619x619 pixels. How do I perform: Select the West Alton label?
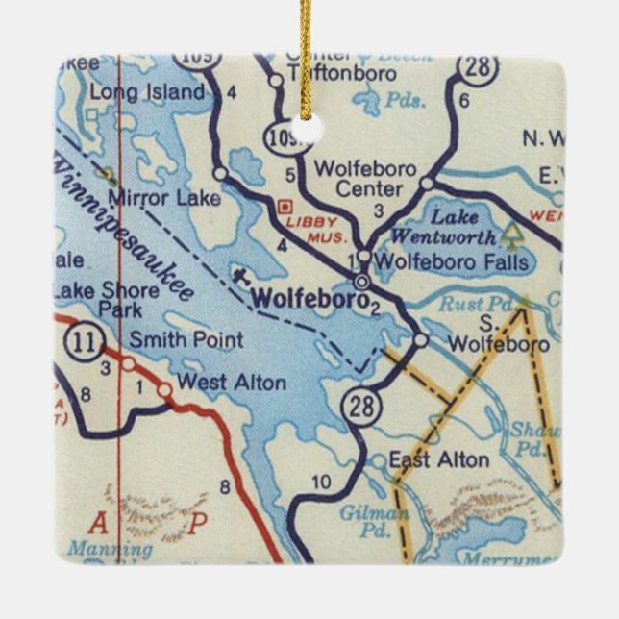tap(232, 383)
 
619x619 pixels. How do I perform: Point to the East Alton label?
tap(438, 459)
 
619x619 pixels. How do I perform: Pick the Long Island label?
tap(147, 92)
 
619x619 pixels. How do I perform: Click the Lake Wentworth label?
tap(453, 227)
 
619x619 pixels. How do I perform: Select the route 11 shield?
tap(81, 340)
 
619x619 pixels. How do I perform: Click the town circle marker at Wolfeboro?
tap(361, 282)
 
